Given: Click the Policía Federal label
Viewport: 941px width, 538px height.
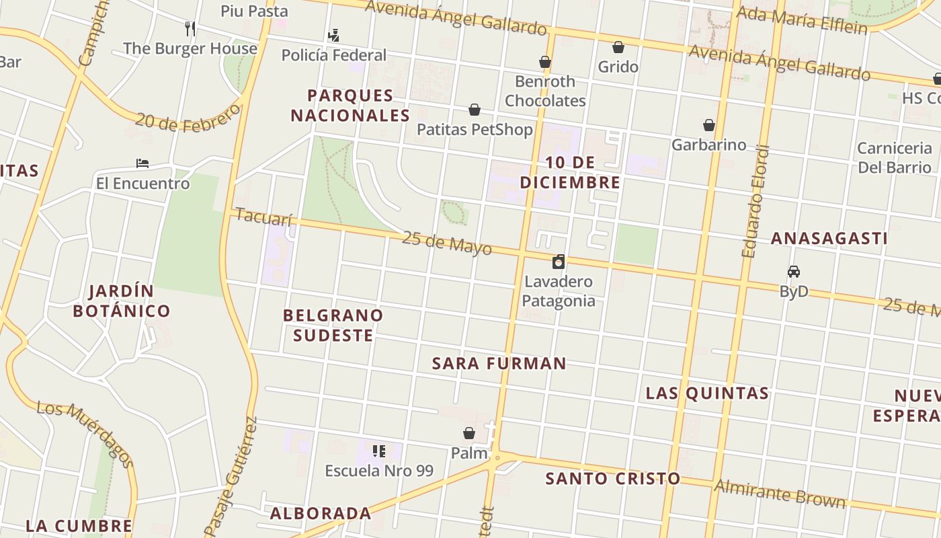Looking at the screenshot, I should tap(333, 55).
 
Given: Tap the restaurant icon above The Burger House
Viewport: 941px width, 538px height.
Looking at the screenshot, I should tap(190, 28).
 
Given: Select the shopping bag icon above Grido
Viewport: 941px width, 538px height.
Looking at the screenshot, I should tap(618, 47).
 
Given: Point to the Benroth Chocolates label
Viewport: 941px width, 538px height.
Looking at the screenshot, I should tap(545, 91).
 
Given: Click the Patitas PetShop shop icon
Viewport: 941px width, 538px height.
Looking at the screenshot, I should tap(475, 110).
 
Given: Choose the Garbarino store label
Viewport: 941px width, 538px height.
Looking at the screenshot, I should tap(708, 145).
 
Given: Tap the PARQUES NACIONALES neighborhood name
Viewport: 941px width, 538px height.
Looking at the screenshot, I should tap(350, 106).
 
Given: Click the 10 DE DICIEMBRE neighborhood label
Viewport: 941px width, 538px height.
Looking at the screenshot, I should tap(570, 172).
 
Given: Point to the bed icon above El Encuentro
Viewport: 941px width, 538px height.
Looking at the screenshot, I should tap(142, 163).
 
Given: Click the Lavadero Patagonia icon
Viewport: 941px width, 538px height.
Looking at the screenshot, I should tap(559, 262).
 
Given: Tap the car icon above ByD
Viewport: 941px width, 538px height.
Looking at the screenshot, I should tap(794, 272).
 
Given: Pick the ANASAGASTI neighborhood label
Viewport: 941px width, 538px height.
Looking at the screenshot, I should tap(829, 239).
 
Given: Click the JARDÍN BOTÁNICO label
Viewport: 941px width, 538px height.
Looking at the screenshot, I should tap(121, 301).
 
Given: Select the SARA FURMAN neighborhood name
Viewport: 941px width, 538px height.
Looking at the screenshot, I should tap(499, 364).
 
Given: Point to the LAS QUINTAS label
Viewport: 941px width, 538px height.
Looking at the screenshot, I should tap(707, 393).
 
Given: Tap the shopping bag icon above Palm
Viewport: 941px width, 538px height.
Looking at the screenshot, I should tap(469, 433).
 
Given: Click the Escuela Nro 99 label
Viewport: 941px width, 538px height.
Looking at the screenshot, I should tap(379, 471).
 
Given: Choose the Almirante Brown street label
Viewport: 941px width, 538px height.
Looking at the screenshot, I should tap(780, 494).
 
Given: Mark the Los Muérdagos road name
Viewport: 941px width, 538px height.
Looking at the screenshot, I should tap(85, 433).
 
